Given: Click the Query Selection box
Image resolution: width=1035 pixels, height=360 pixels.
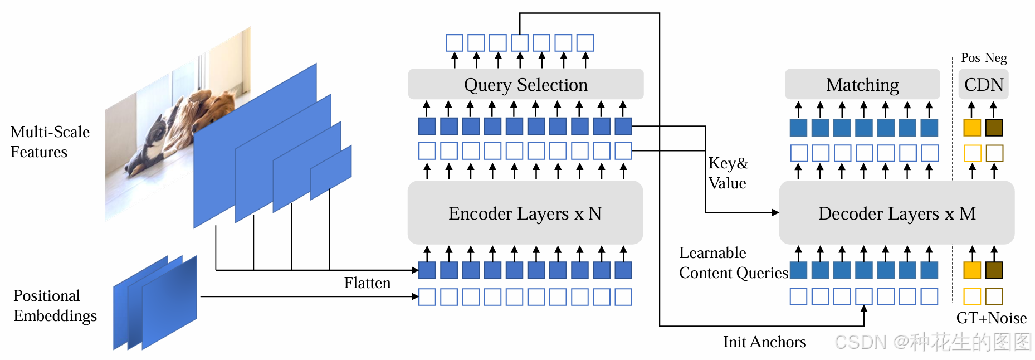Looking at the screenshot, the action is [525, 84].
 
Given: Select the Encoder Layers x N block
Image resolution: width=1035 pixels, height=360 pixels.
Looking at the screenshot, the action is [525, 212].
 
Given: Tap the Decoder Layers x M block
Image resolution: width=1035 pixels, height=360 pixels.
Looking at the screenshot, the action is [896, 212].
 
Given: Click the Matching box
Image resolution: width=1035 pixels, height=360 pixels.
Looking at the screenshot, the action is [862, 84].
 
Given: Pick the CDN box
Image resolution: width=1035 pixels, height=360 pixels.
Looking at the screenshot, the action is [984, 84].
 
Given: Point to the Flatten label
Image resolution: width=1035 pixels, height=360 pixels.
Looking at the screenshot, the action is [367, 283].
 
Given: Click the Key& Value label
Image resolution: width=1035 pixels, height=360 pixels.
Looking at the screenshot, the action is [728, 173].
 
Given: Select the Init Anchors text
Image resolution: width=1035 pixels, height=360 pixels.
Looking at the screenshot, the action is [764, 342].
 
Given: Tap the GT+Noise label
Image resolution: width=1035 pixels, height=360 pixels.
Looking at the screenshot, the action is [992, 318].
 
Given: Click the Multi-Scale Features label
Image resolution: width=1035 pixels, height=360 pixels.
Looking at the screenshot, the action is [50, 142].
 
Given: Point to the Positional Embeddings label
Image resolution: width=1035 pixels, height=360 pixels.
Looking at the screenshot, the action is [55, 305].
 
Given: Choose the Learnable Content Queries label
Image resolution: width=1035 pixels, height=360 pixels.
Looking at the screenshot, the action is [734, 262].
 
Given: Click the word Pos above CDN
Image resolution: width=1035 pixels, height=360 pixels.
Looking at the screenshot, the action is [970, 58].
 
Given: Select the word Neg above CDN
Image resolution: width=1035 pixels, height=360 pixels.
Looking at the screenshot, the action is [996, 58].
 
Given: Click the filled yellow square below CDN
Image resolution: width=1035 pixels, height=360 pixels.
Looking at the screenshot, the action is [972, 128].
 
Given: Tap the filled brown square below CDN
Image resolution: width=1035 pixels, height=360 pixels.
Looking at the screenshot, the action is [994, 128].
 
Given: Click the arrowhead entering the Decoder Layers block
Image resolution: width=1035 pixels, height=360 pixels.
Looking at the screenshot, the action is [775, 212].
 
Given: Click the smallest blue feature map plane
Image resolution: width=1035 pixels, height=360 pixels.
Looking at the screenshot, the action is [331, 172].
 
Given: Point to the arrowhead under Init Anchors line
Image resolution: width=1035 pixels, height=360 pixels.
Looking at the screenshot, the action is [864, 309].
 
